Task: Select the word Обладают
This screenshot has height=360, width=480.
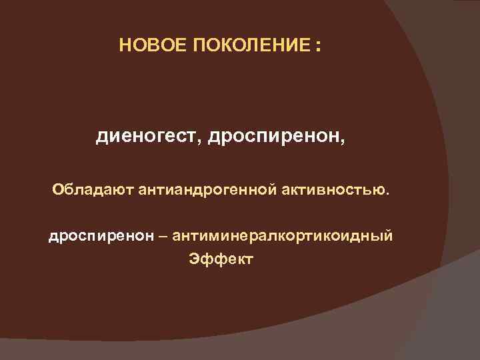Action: click(93, 191)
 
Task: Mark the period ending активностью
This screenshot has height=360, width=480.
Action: click(385, 195)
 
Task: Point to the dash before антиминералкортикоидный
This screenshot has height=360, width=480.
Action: click(165, 236)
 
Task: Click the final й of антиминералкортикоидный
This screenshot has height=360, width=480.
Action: click(389, 236)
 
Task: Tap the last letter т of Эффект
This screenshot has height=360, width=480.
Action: click(249, 259)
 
